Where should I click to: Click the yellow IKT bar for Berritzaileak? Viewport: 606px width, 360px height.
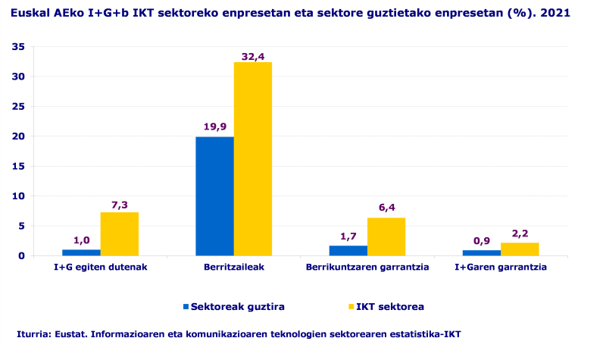click(x=252, y=158)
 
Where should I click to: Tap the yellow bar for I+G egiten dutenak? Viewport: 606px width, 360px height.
click(x=119, y=233)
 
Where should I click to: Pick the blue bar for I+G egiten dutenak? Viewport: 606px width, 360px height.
click(x=81, y=252)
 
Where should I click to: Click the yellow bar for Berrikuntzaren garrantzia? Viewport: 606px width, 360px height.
click(x=386, y=236)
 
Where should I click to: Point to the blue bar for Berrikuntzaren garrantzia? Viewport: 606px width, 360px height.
click(x=348, y=250)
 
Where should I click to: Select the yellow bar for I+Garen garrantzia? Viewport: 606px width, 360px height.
click(x=520, y=249)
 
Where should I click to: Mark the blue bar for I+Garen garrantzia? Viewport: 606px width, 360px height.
click(x=482, y=252)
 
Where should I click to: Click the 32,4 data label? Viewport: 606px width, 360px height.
click(x=252, y=56)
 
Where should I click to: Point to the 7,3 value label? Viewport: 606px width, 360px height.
click(x=119, y=205)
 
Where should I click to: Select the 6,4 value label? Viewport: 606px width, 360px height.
click(x=386, y=208)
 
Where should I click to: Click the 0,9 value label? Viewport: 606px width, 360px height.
click(x=482, y=241)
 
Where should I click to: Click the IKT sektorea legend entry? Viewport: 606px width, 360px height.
click(x=389, y=307)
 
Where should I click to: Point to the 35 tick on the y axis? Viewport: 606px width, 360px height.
click(x=20, y=47)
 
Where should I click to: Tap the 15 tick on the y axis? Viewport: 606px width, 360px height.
click(x=20, y=166)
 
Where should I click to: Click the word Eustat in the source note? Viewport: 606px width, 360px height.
click(x=67, y=334)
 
